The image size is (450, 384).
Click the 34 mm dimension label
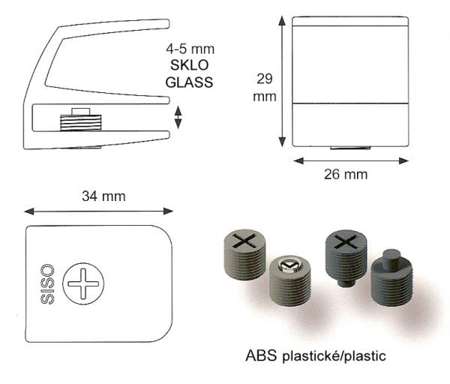pyautogui.click(x=103, y=196)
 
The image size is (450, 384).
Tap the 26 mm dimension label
pyautogui.click(x=346, y=175)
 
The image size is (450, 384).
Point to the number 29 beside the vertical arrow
pyautogui.click(x=264, y=79)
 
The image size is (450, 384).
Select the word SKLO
pyautogui.click(x=190, y=65)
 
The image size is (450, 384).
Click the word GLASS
pyautogui.click(x=190, y=82)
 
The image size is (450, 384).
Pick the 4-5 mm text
pyautogui.click(x=190, y=49)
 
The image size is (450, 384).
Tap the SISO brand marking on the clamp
pyautogui.click(x=47, y=284)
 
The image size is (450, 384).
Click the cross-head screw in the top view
pyautogui.click(x=83, y=283)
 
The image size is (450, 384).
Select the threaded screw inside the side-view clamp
pyautogui.click(x=81, y=120)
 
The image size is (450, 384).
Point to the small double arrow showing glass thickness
pyautogui.click(x=178, y=118)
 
